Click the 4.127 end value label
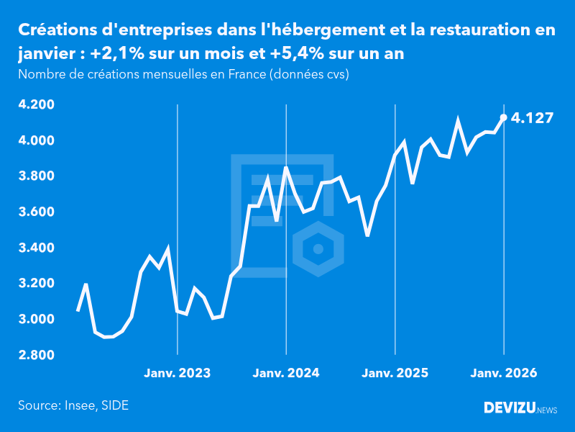point(532,117)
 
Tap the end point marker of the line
point(503,117)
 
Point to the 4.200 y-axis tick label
point(36,104)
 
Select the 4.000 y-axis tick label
point(36,140)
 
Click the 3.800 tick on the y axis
point(36,176)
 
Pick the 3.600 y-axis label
point(36,212)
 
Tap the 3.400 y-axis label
point(36,248)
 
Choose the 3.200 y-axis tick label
point(36,284)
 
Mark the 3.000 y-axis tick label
point(36,319)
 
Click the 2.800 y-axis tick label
point(36,355)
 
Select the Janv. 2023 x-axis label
point(178,373)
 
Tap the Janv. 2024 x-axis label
point(286,373)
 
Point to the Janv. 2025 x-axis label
point(395,373)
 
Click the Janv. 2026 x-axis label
point(503,373)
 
